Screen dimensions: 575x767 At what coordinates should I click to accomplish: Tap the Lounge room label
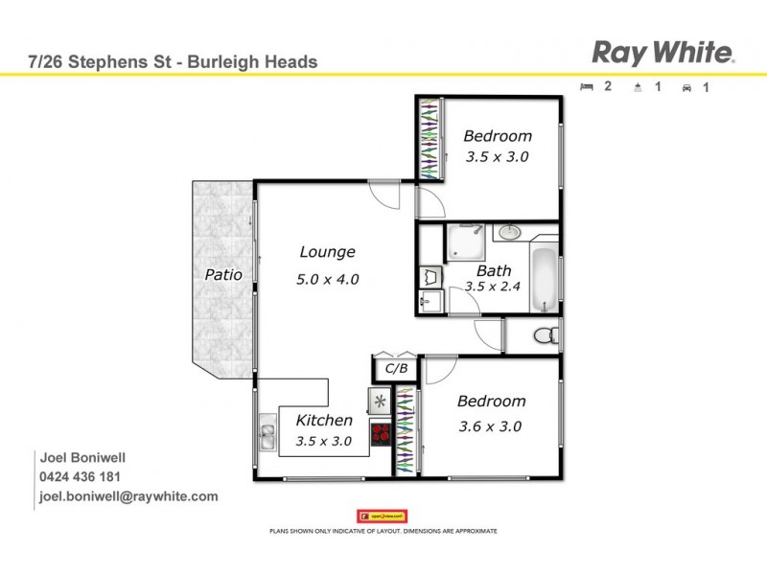tap(327, 252)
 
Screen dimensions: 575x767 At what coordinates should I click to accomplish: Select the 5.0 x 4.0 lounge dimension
tap(327, 280)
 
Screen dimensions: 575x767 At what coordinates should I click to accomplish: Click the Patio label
tap(222, 275)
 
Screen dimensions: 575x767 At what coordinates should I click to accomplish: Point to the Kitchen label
tap(324, 420)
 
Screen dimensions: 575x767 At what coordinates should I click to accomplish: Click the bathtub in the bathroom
tap(545, 279)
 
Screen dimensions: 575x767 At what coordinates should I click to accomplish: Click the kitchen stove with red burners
tap(381, 433)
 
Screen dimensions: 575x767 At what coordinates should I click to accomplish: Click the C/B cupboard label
tap(396, 368)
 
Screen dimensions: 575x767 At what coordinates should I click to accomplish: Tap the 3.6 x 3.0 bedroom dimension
tap(489, 426)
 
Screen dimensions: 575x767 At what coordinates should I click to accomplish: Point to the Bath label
tap(493, 270)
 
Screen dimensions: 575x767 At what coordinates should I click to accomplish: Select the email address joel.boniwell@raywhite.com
tap(128, 496)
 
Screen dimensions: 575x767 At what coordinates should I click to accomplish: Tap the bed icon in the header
tap(587, 86)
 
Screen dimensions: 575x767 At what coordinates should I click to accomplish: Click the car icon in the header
tap(686, 87)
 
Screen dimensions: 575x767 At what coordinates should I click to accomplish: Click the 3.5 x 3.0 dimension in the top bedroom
tap(498, 156)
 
